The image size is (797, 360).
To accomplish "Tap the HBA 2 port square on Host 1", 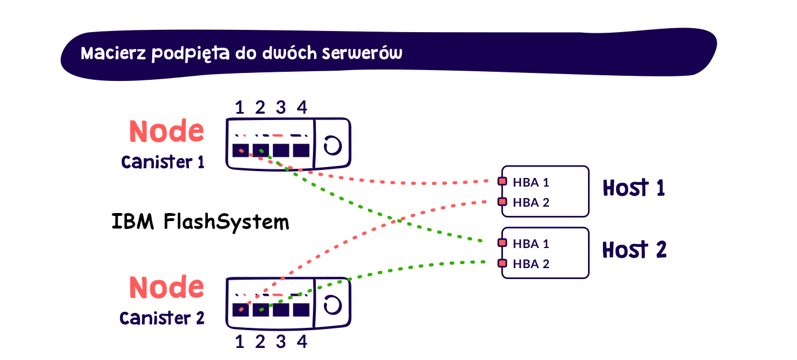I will tap(502, 202).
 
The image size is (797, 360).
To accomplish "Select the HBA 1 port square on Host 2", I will tap(502, 243).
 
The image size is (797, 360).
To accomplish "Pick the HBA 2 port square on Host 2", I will tap(502, 264).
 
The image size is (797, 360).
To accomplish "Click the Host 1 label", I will tap(633, 188).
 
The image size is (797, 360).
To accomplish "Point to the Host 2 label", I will tap(634, 250).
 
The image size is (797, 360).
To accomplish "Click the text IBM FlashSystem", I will tap(200, 222).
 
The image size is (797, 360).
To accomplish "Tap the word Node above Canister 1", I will tap(167, 132).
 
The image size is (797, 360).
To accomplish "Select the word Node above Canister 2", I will tap(167, 287).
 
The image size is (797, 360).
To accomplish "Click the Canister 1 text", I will tap(163, 162).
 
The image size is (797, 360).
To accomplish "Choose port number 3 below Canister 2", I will tap(281, 342).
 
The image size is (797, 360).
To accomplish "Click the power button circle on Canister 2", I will tap(331, 305).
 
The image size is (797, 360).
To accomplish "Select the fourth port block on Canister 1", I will tap(301, 150).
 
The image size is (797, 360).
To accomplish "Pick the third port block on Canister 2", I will tap(281, 309).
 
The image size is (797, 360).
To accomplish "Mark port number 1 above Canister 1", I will tap(239, 107).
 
